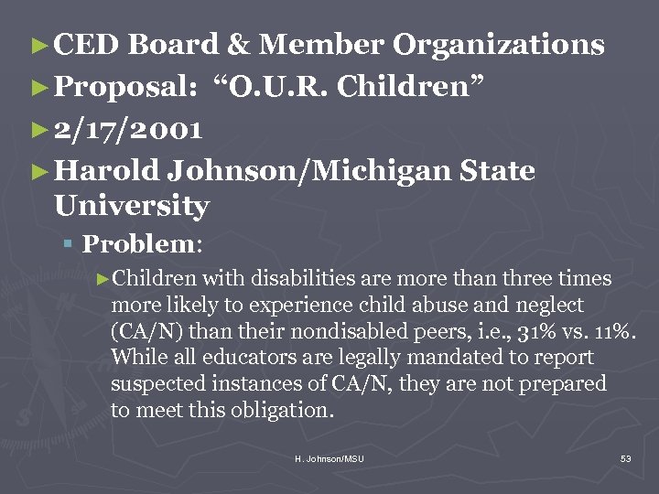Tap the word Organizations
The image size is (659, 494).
(499, 45)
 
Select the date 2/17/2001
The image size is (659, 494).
(129, 129)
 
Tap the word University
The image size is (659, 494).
(132, 206)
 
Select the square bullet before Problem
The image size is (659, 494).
(70, 244)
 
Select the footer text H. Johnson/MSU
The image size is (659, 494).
(329, 458)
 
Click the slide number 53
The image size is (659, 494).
(626, 458)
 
